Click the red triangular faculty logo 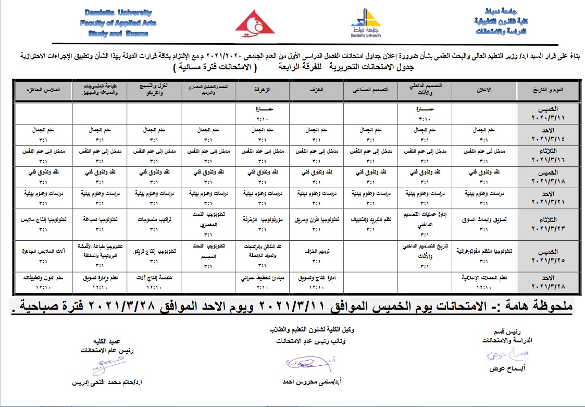tap(255, 22)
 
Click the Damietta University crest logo tap(366, 22)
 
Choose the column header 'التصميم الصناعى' tap(371, 90)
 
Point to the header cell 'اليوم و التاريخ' tap(542, 90)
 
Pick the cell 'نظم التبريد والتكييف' tap(371, 219)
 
